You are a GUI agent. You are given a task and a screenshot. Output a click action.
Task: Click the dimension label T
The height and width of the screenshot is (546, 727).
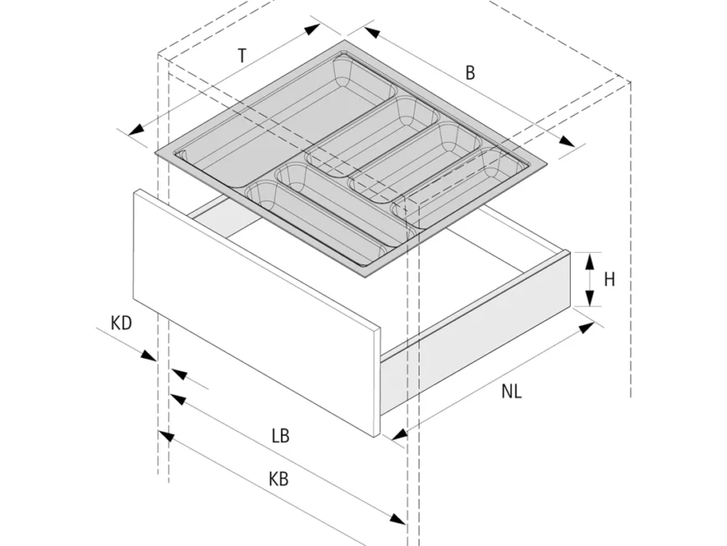(242, 56)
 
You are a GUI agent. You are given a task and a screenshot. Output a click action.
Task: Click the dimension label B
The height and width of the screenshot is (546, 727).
(470, 73)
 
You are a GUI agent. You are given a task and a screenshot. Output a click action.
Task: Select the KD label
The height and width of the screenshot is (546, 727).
(122, 323)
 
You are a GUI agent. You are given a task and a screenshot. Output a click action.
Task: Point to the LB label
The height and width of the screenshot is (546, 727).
(280, 436)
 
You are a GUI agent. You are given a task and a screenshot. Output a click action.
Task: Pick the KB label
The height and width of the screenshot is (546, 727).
(279, 480)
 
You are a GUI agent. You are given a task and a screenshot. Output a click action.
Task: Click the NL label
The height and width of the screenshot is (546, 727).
(512, 391)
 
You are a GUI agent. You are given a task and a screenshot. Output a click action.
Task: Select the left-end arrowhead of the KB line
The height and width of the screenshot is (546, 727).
(165, 437)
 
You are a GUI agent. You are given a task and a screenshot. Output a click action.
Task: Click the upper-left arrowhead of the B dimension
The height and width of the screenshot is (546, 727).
(370, 33)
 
